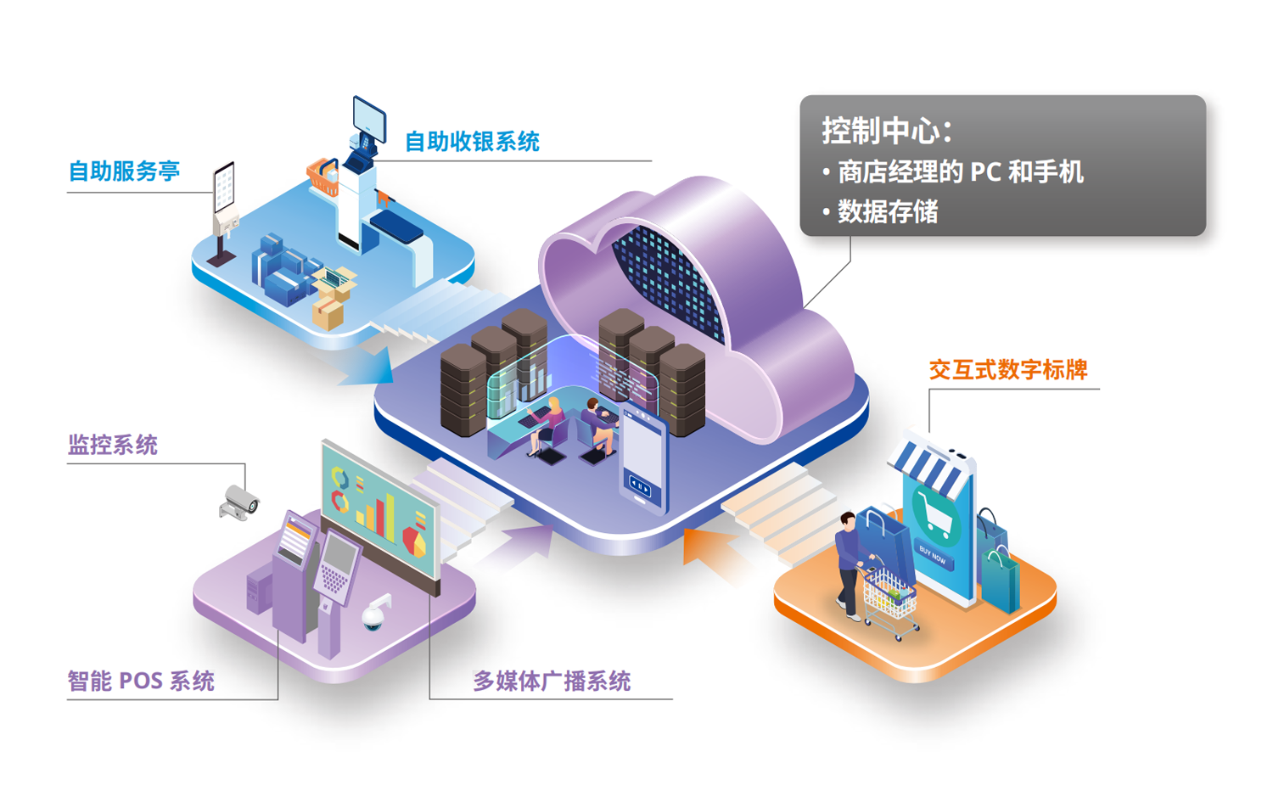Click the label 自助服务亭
124,171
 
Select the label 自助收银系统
471,142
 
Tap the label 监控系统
113,445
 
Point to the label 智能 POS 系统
141,681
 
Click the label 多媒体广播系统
552,681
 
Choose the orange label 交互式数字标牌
1008,370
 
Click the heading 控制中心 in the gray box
886,131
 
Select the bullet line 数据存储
888,211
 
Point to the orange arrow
709,551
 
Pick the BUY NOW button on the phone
933,557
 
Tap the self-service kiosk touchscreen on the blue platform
224,187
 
